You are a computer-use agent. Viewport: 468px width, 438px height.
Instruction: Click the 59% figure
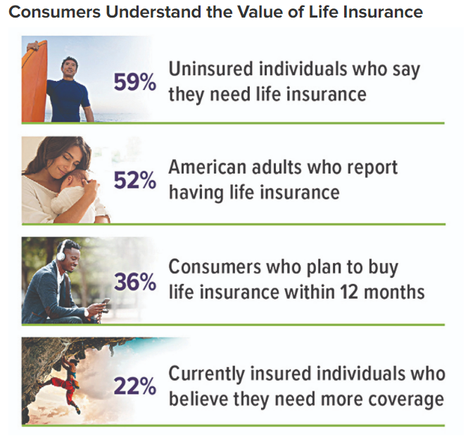(x=135, y=82)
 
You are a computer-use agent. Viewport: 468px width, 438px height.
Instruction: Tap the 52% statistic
(x=135, y=181)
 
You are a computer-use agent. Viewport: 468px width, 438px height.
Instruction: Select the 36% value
(x=135, y=282)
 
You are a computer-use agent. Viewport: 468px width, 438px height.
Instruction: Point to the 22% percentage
(x=135, y=386)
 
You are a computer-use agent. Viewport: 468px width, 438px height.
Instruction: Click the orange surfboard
(x=34, y=81)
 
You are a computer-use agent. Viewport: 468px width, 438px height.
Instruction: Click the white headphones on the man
(x=61, y=251)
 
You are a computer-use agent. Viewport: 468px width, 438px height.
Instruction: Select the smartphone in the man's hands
(x=105, y=302)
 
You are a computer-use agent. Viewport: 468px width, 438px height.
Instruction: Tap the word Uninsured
(x=211, y=69)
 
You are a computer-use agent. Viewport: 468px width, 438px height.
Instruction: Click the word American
(x=208, y=167)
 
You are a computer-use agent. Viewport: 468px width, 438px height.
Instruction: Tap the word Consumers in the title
(x=55, y=12)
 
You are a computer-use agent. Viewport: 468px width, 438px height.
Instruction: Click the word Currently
(x=206, y=375)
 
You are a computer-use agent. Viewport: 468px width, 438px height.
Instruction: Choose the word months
(x=394, y=292)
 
